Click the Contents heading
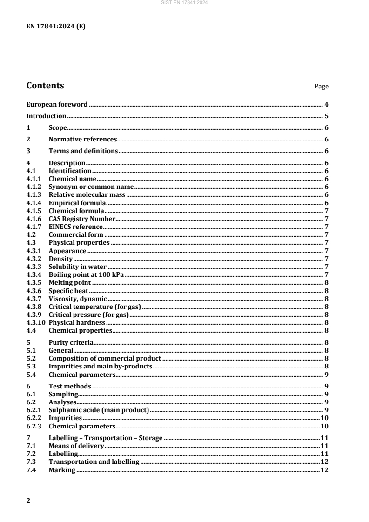click(x=45, y=86)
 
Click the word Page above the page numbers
click(x=322, y=87)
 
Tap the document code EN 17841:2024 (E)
click(x=56, y=26)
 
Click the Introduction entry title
click(x=46, y=116)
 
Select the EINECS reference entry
click(x=75, y=227)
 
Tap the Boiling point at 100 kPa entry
click(x=86, y=274)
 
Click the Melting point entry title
click(x=69, y=282)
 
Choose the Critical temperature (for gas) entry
click(x=94, y=307)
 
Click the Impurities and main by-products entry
click(x=101, y=367)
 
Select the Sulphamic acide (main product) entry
click(x=98, y=410)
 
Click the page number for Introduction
click(x=327, y=116)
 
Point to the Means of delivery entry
click(x=76, y=446)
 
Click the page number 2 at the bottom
click(x=28, y=501)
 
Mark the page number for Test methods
click(x=327, y=386)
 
